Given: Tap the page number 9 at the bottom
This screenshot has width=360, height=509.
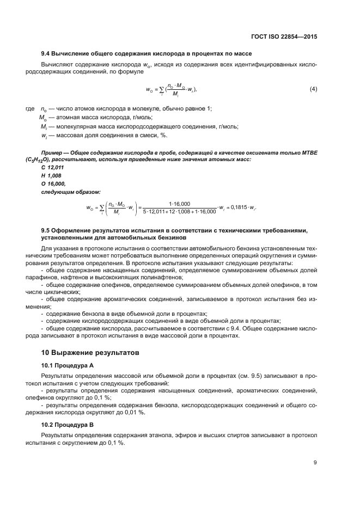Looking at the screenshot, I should pyautogui.click(x=315, y=463).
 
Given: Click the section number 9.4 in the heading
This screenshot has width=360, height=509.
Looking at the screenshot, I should pyautogui.click(x=47, y=53).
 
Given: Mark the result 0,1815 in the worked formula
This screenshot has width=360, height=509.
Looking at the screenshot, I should pyautogui.click(x=236, y=207).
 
